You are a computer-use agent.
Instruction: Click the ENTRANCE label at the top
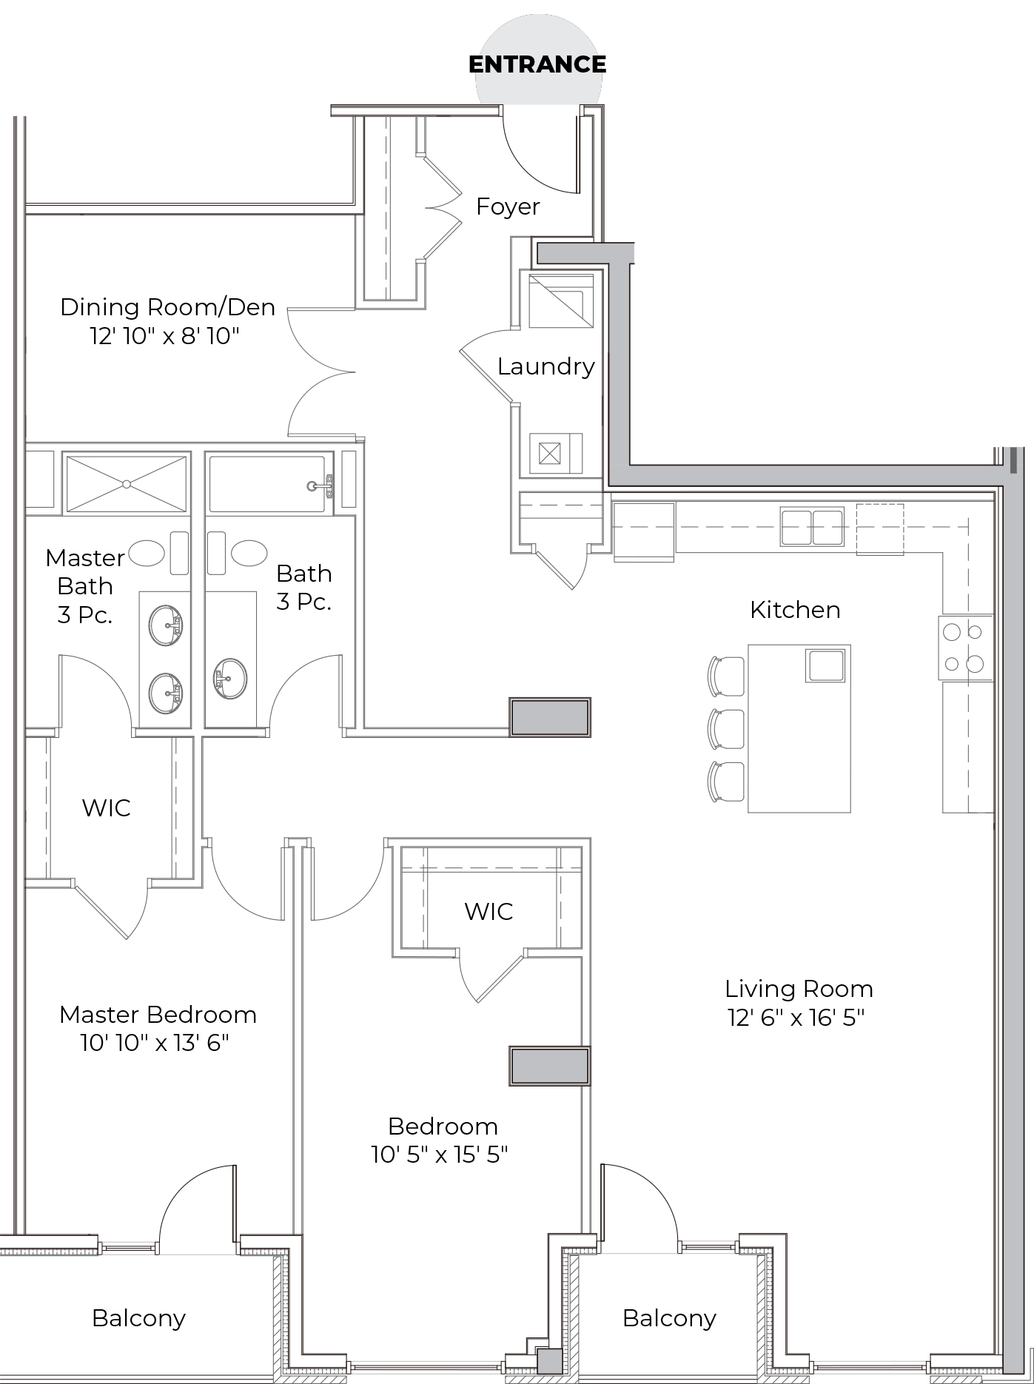[537, 64]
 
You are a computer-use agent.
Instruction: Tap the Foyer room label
[508, 206]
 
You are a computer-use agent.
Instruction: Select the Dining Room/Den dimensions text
[165, 337]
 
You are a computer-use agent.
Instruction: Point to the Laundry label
[546, 366]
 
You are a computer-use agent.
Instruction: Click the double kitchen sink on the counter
[812, 527]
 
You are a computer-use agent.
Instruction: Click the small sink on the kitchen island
[825, 665]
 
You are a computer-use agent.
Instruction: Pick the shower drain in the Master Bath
[127, 484]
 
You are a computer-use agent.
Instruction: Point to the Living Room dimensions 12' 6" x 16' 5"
[796, 1018]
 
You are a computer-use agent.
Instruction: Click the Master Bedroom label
[158, 1014]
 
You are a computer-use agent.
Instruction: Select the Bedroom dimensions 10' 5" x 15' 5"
[440, 1155]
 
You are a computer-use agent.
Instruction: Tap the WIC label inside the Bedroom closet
[489, 911]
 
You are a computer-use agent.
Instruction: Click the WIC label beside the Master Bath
[107, 807]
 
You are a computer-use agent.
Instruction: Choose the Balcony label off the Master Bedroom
[138, 1318]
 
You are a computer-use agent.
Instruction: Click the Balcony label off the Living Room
[669, 1318]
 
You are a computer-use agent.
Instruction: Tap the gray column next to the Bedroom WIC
[549, 1066]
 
